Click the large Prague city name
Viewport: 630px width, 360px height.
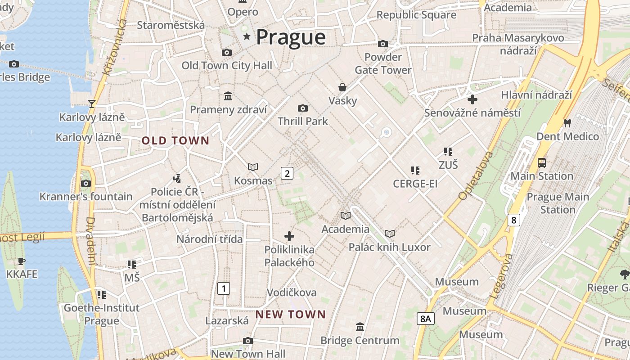point(291,37)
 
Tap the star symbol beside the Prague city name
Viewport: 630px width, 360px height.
point(246,36)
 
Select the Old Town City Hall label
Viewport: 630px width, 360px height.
point(227,66)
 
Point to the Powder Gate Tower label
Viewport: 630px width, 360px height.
point(383,63)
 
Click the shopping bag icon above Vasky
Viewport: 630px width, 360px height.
point(342,87)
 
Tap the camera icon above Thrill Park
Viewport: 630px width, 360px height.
point(303,108)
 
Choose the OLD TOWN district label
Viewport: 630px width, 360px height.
point(175,141)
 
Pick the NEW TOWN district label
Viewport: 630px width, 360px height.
point(291,315)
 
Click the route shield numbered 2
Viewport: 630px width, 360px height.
point(287,173)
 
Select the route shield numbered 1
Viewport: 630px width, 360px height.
point(224,288)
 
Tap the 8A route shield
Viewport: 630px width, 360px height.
point(425,319)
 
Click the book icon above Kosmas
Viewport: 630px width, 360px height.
point(253,167)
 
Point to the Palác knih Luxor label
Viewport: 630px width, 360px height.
point(390,247)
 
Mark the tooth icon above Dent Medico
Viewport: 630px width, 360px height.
point(567,122)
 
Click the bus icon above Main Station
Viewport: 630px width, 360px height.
point(542,162)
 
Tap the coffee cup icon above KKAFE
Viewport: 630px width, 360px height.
point(21,261)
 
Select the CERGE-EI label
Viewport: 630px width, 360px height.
point(415,184)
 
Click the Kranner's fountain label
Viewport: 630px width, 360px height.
point(86,197)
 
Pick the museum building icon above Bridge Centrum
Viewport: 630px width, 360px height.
point(360,327)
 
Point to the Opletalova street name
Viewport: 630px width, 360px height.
point(476,176)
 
